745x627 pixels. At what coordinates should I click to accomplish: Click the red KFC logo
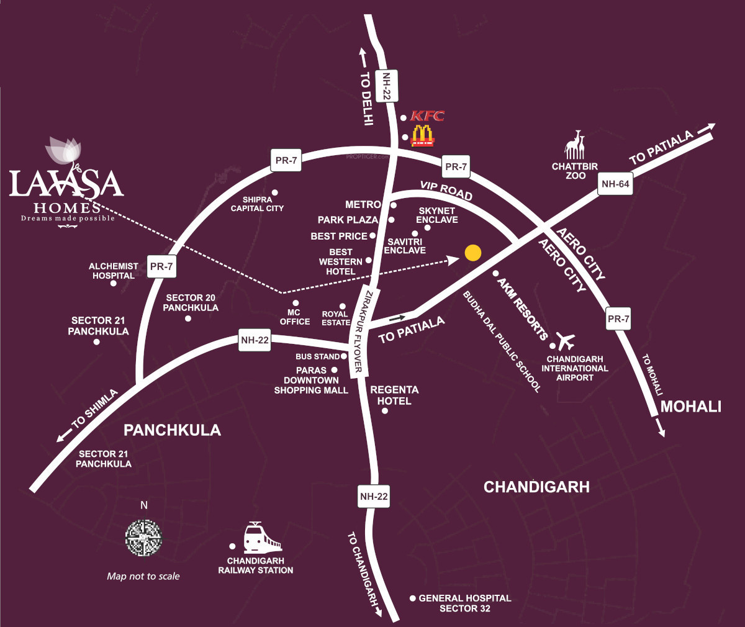[428, 116]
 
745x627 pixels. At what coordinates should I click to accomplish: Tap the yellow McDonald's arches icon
[423, 135]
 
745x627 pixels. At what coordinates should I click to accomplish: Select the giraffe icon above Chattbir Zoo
[575, 145]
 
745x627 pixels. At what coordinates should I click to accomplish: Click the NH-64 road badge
[615, 184]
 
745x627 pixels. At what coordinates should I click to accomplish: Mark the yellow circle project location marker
[473, 253]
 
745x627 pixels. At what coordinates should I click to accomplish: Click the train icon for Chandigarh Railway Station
[261, 538]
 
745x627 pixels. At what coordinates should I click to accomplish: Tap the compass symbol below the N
[144, 538]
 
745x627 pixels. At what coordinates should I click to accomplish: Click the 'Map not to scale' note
[143, 576]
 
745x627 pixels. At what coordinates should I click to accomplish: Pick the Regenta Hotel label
[394, 395]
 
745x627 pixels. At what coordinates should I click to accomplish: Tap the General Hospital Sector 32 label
[465, 603]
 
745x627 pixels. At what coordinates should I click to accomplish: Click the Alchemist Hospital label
[114, 271]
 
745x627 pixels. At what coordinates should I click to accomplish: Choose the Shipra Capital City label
[257, 204]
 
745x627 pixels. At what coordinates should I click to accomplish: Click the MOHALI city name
[690, 407]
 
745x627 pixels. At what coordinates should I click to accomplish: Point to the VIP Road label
[446, 191]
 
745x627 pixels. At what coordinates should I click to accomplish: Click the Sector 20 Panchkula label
[191, 302]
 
